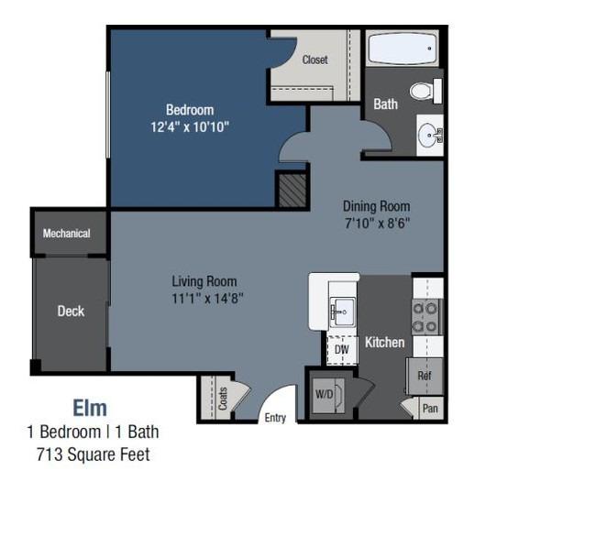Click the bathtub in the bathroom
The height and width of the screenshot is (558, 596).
(403, 49)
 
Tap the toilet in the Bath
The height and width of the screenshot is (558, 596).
(425, 91)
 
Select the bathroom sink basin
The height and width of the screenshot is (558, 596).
(428, 136)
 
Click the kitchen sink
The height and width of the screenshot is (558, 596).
(343, 312)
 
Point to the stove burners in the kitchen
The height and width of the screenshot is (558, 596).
(425, 317)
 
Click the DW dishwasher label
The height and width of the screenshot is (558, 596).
(341, 349)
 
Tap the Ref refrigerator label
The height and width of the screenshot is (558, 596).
(425, 376)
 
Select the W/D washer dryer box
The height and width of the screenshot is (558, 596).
(327, 395)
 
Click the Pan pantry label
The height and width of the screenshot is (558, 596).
(430, 409)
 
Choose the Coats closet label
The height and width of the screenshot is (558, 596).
(223, 399)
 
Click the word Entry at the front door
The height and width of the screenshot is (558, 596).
(275, 418)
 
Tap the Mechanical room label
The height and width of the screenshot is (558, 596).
(67, 234)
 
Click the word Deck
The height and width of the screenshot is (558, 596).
(71, 312)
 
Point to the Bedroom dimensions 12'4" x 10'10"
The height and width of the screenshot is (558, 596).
(190, 126)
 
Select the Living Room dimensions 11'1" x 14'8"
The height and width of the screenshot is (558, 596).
(207, 298)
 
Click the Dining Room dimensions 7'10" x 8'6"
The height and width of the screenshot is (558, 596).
(377, 223)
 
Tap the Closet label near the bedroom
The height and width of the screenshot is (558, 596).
(315, 60)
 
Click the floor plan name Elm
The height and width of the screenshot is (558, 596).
(90, 408)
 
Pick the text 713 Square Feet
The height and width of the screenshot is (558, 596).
(94, 454)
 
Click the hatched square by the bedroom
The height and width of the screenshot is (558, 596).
(292, 191)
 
